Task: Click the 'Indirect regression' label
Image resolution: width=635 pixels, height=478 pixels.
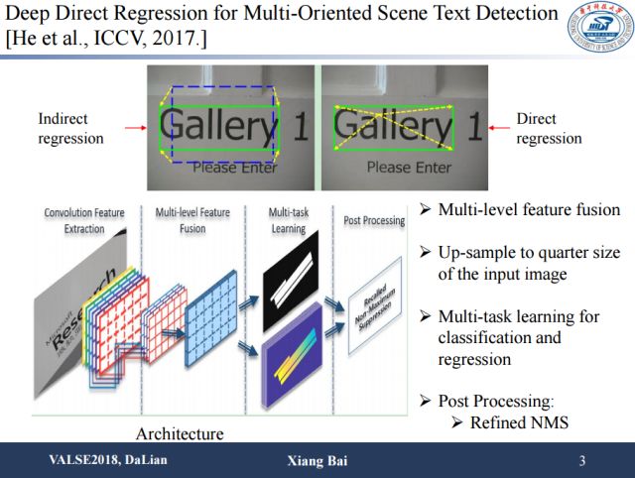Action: [69, 129]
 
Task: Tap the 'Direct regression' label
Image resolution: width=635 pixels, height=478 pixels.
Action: [549, 129]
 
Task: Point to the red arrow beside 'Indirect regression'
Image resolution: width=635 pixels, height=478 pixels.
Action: [132, 127]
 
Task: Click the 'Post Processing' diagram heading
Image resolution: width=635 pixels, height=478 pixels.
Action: [373, 220]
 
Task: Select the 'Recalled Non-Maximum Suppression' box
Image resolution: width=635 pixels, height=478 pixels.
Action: [374, 308]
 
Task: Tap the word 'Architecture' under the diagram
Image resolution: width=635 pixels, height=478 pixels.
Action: [179, 433]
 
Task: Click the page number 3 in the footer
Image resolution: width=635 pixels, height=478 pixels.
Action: [582, 461]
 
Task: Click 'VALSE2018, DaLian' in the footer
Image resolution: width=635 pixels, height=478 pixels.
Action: [101, 461]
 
